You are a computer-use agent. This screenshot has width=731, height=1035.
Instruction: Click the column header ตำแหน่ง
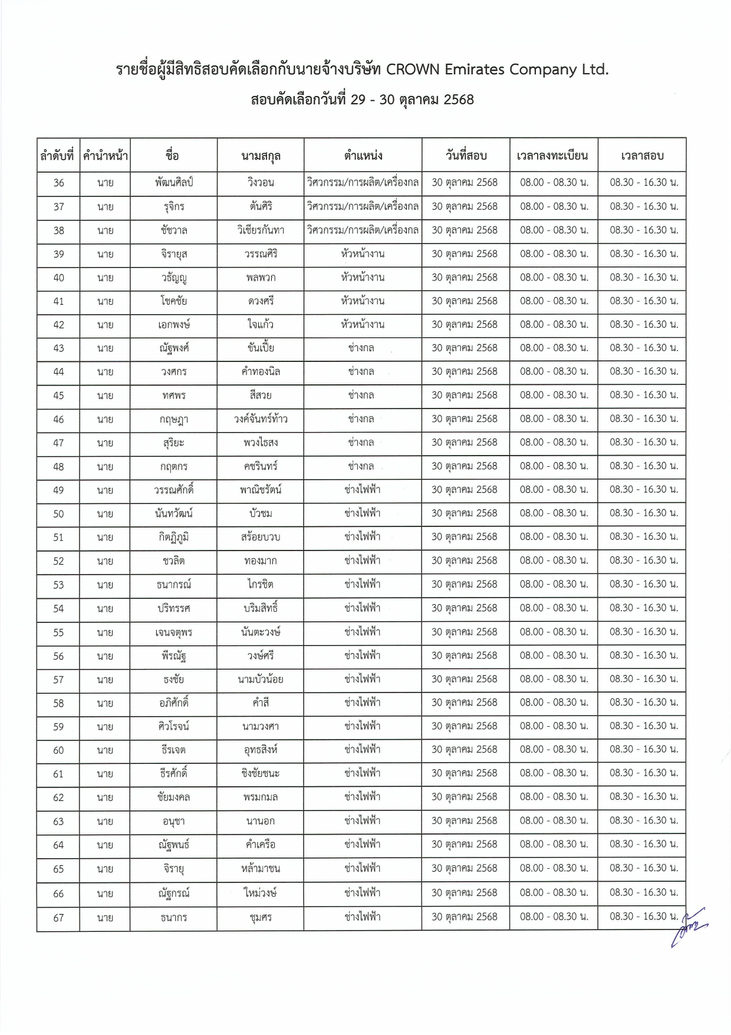tap(363, 156)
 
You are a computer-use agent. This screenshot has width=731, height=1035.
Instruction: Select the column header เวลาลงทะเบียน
tap(553, 156)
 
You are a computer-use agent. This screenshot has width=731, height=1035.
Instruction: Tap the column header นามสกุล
tap(261, 156)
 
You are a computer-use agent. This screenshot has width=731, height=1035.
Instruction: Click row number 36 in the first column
tap(58, 183)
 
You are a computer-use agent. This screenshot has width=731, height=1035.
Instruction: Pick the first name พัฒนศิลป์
tap(173, 183)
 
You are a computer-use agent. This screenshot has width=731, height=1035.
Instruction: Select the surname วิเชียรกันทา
tap(261, 230)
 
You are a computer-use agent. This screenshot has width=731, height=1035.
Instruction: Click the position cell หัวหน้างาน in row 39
tap(363, 254)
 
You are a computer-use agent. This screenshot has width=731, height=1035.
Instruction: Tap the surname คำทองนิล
tap(261, 372)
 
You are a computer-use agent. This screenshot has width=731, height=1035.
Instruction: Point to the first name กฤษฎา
tap(173, 420)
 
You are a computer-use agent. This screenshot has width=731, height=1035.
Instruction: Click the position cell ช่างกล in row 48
tap(361, 466)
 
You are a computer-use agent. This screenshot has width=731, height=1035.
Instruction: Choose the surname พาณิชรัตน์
tap(261, 490)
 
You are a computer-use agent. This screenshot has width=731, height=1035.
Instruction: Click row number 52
tap(58, 561)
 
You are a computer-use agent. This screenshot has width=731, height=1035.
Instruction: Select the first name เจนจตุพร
tap(173, 632)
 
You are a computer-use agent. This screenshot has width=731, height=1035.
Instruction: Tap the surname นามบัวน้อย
tap(261, 680)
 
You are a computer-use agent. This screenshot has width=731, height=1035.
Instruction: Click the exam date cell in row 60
tap(465, 750)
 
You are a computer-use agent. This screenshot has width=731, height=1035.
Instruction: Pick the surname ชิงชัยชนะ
tap(261, 773)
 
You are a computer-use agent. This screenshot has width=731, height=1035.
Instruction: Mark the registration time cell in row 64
tap(554, 845)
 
